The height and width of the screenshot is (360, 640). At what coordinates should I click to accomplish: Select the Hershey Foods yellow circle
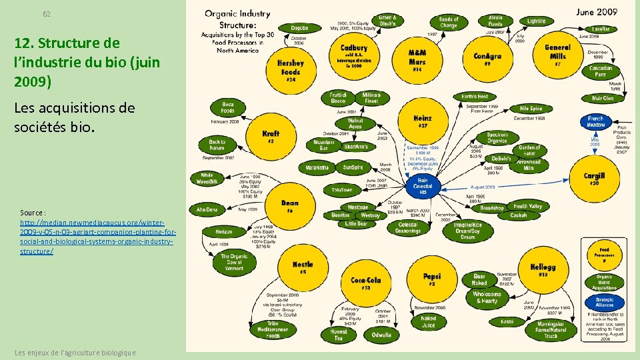291,69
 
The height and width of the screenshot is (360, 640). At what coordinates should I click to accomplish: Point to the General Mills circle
557,55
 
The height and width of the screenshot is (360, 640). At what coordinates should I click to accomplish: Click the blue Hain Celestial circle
423,185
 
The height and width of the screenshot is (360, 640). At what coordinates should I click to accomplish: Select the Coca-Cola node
365,283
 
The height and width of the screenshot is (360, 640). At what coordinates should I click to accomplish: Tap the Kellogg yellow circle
543,270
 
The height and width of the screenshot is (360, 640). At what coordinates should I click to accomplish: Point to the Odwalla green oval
381,335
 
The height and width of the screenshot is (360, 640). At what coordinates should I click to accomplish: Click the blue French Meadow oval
595,121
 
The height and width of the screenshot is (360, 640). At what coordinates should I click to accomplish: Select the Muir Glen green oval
602,99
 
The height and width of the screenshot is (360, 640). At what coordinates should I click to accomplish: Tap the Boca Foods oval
227,107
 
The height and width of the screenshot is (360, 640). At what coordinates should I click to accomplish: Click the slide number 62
47,14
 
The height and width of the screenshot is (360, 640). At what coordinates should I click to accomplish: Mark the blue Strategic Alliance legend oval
604,301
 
